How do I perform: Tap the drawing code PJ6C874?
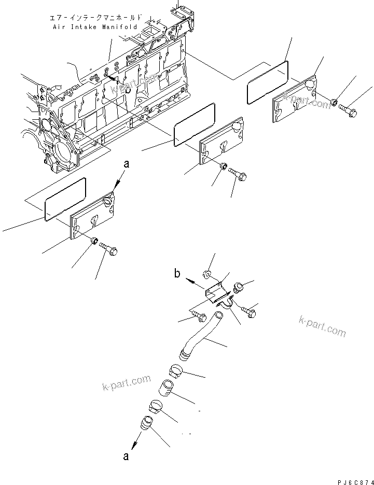tap(351, 480)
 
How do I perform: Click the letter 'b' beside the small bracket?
tap(177, 274)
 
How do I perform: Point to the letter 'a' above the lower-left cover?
tap(124, 164)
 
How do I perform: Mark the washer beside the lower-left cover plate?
tap(94, 242)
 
